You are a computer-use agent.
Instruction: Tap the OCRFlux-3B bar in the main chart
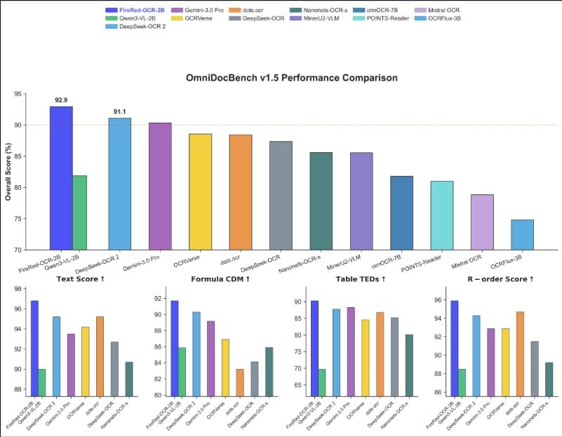click(x=522, y=234)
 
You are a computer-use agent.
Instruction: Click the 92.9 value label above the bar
click(x=61, y=100)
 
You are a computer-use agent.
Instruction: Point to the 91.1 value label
click(x=119, y=112)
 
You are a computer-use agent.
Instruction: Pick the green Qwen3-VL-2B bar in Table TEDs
click(x=322, y=382)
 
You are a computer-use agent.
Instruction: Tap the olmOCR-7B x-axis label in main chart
click(x=401, y=264)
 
